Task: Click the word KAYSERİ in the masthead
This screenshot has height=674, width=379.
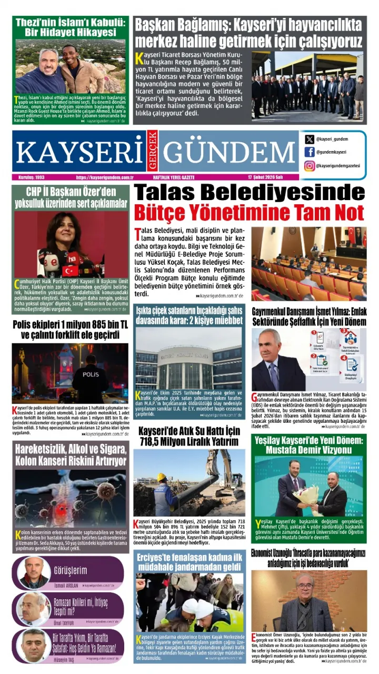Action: [x=79, y=152]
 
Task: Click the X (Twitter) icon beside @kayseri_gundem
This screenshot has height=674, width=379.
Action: [x=310, y=140]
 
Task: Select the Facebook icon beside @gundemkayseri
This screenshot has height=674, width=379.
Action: [x=310, y=152]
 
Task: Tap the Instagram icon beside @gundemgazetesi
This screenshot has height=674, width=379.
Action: [x=310, y=166]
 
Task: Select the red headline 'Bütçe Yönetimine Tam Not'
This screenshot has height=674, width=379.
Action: [x=248, y=213]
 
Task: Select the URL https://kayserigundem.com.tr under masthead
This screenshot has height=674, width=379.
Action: [x=105, y=177]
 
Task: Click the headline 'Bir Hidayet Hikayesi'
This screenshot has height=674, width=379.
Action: [x=70, y=32]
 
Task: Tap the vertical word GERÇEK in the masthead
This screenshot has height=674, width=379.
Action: [x=153, y=152]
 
